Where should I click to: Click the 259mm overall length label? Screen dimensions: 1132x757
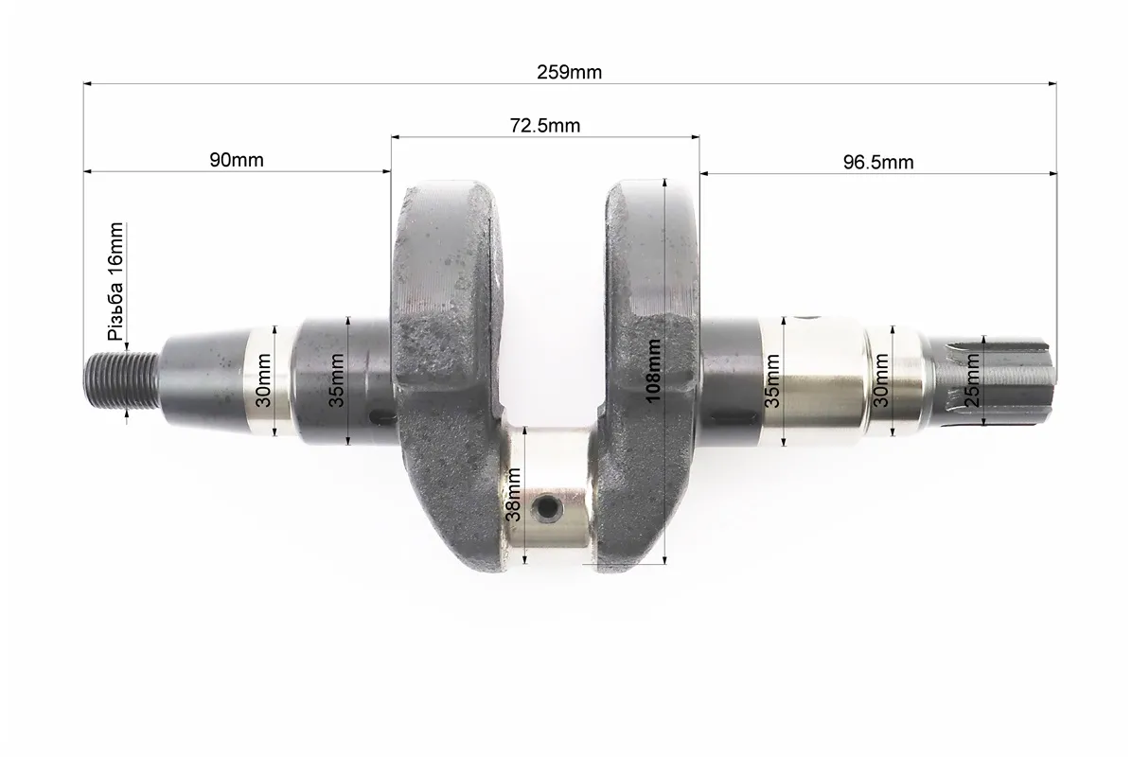pos(569,72)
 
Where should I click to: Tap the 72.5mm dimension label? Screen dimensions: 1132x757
pos(545,126)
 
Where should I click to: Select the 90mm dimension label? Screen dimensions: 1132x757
pos(237,160)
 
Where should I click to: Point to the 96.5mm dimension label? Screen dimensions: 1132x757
pos(878,163)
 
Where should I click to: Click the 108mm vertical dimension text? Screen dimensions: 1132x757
pos(653,370)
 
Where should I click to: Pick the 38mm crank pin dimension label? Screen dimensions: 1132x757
pos(513,494)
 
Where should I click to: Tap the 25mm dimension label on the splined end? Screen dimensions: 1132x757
pos(972,380)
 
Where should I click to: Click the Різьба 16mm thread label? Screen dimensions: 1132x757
pos(115,281)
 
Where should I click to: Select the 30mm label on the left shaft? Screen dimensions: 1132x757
pos(263,380)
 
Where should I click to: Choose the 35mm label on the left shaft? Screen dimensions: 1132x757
pos(336,380)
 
